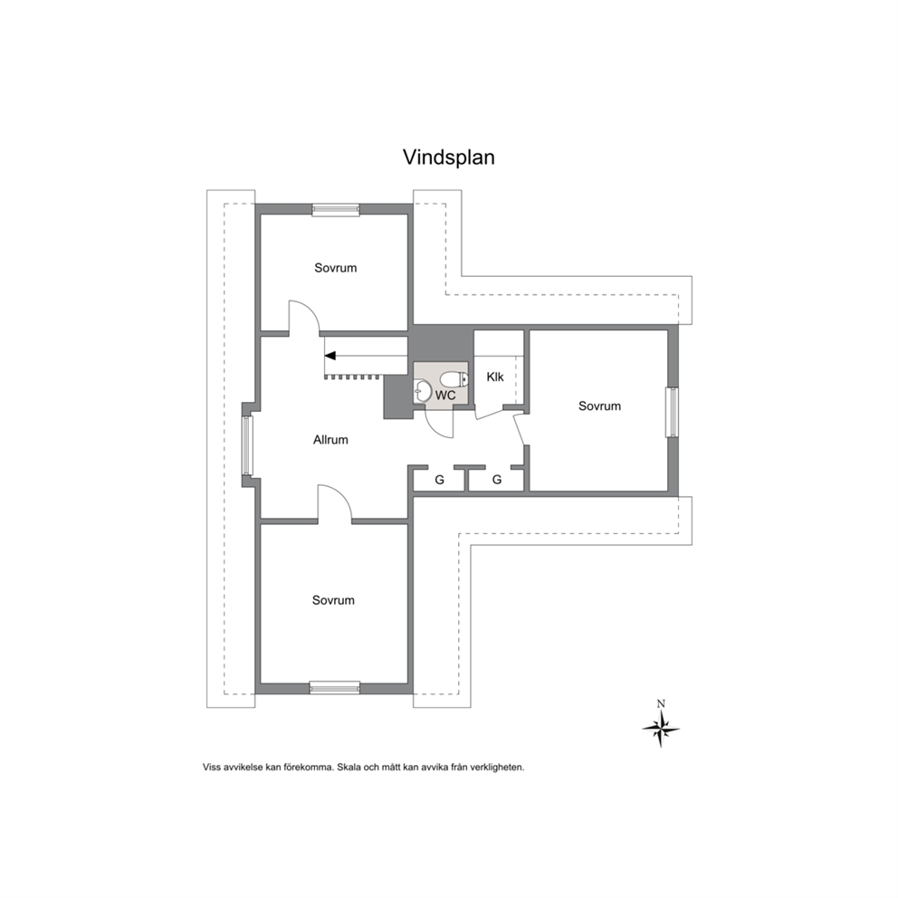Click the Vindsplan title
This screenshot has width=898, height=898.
click(448, 157)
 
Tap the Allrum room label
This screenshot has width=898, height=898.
click(330, 440)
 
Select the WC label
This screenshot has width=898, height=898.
click(445, 396)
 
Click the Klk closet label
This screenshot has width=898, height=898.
click(495, 377)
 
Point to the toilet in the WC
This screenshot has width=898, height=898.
click(454, 378)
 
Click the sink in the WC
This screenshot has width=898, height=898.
click(423, 393)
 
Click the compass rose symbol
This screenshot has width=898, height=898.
click(661, 729)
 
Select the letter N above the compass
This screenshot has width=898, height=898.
click(661, 704)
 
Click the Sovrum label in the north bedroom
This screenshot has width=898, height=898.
click(336, 268)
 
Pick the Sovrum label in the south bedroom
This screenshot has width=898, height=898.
click(333, 600)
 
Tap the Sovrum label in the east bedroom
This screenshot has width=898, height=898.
click(599, 406)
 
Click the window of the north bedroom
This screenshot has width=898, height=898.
click(336, 210)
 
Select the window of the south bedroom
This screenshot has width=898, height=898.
click(335, 688)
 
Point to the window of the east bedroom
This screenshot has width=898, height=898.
click(672, 413)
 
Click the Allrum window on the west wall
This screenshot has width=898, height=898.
click(247, 445)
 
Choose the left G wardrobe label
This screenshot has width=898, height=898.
click(439, 480)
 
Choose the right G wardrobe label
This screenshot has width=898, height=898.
click(497, 480)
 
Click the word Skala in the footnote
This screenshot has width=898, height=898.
click(349, 767)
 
